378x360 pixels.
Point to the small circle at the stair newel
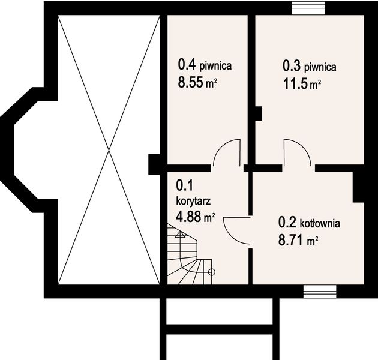tap(211, 271)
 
